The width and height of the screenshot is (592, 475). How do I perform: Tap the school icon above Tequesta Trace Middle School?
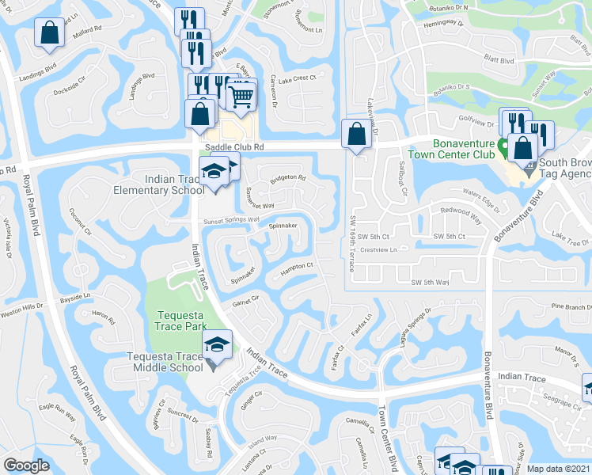click(214, 344)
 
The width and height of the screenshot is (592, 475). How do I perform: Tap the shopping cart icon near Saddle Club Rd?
click(241, 96)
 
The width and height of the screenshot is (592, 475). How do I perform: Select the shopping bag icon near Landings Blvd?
click(49, 34)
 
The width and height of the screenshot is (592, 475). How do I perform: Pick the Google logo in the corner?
click(27, 465)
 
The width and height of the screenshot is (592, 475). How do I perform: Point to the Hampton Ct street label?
click(298, 269)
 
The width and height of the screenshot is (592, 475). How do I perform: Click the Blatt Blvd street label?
click(498, 59)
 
